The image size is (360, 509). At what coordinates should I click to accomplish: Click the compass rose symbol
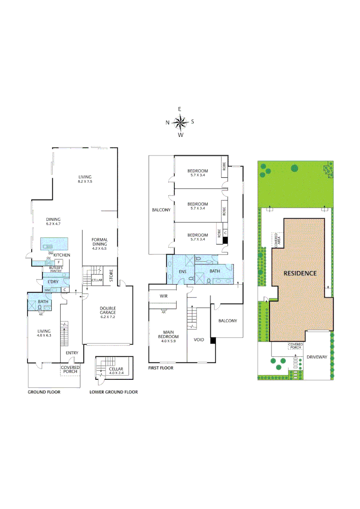coord(180,123)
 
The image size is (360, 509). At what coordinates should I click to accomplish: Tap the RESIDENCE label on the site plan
coord(300,273)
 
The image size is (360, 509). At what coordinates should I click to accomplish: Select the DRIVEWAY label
coord(317,357)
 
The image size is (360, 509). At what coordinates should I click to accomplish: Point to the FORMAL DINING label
coord(100,242)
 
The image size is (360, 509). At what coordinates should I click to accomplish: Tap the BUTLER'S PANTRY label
coord(56,269)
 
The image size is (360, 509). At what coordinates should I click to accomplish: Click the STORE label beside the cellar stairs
coord(112,276)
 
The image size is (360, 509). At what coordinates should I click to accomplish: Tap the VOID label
coord(199,339)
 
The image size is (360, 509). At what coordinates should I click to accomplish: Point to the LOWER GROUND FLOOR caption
coord(114,392)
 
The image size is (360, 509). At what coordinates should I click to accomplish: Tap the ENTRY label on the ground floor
coord(72,353)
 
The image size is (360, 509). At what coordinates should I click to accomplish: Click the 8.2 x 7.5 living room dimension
coord(85,181)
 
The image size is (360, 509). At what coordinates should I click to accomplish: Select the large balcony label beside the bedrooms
coord(161,210)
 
